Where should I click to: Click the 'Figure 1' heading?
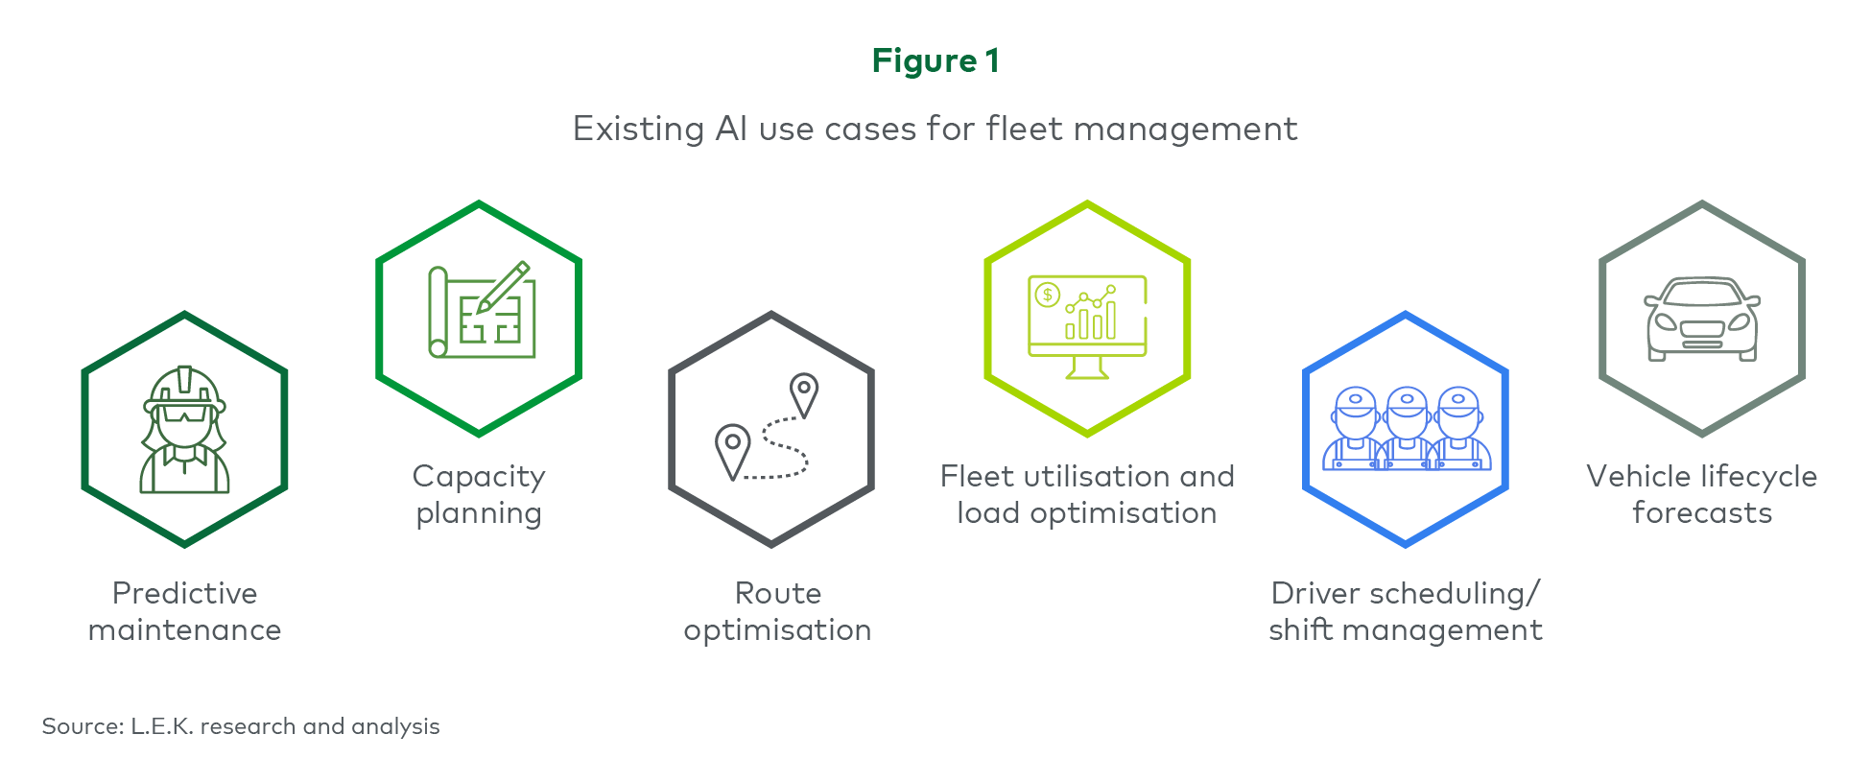935,60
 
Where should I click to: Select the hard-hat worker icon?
184,430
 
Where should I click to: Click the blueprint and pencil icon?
480,310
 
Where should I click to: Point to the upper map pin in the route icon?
803,394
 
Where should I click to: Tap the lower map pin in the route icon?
732,451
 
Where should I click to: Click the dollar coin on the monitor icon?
1047,295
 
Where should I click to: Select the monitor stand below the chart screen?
1087,367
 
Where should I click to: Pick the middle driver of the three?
1407,428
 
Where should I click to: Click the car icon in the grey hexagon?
1702,320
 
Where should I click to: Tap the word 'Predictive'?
184,594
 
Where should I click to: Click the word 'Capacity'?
479,478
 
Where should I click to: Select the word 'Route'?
778,594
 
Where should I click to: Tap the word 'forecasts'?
1702,513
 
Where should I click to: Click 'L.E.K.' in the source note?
162,726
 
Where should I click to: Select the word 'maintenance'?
184,630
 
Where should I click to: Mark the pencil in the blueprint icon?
504,287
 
